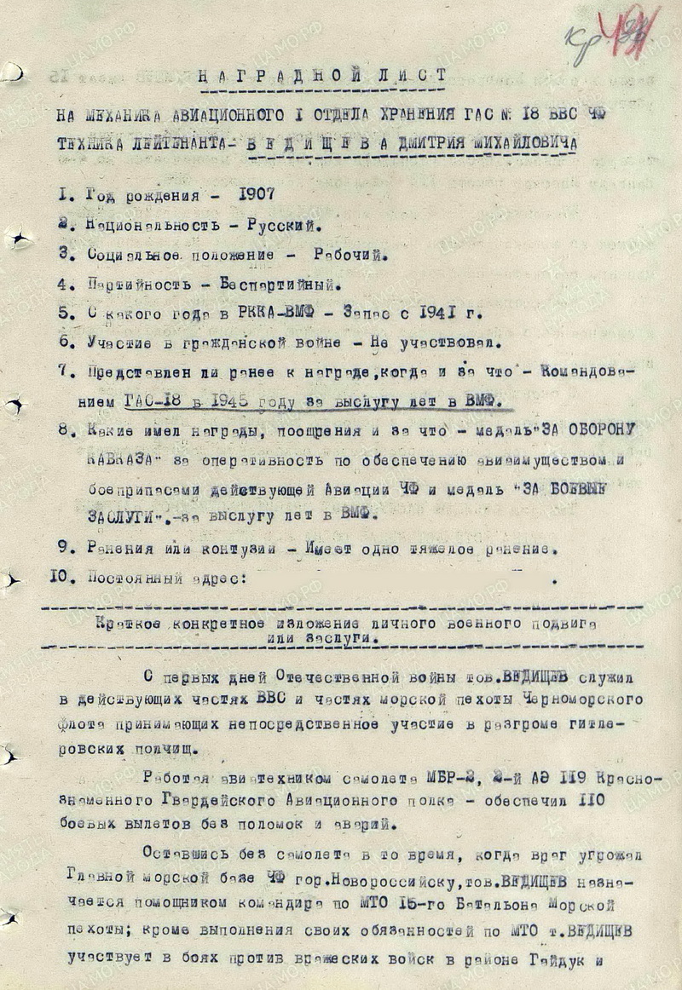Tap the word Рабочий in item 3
click(350, 254)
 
